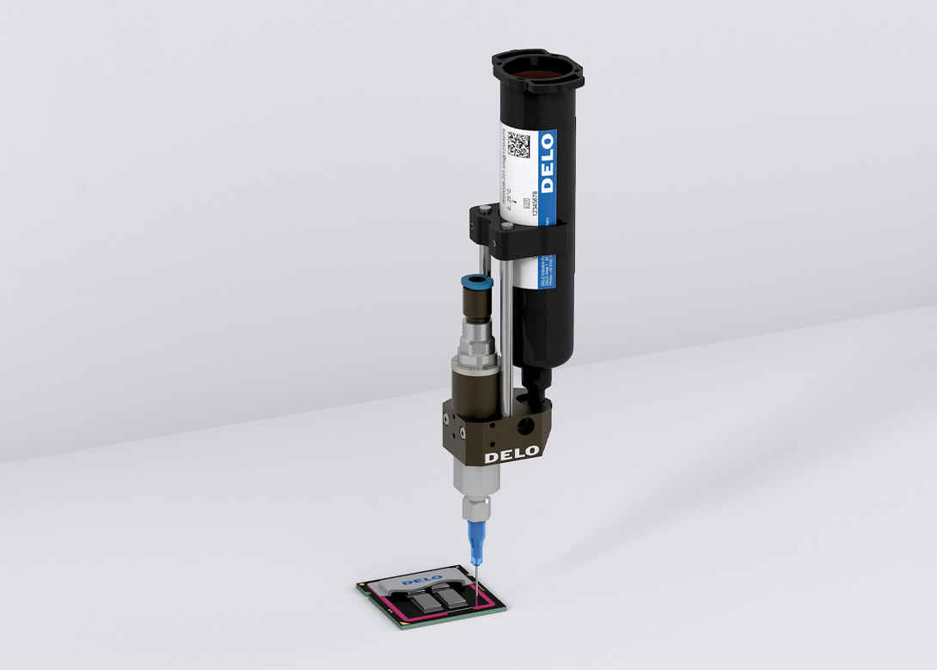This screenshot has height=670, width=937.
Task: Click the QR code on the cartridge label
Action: pyautogui.click(x=518, y=143)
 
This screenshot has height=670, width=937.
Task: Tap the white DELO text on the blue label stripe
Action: pyautogui.click(x=548, y=163)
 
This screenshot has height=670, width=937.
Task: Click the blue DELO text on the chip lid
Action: pyautogui.click(x=421, y=582)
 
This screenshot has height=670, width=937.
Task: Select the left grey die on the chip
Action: pyautogui.click(x=421, y=602)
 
